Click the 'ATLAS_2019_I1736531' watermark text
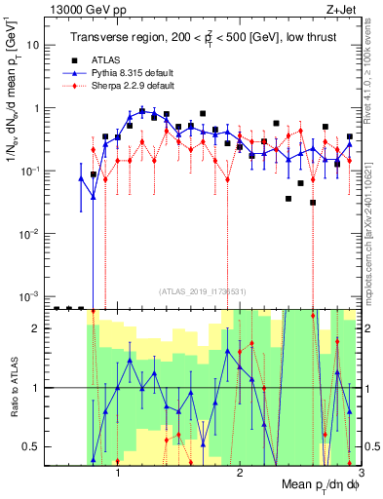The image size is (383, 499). pyautogui.click(x=203, y=290)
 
